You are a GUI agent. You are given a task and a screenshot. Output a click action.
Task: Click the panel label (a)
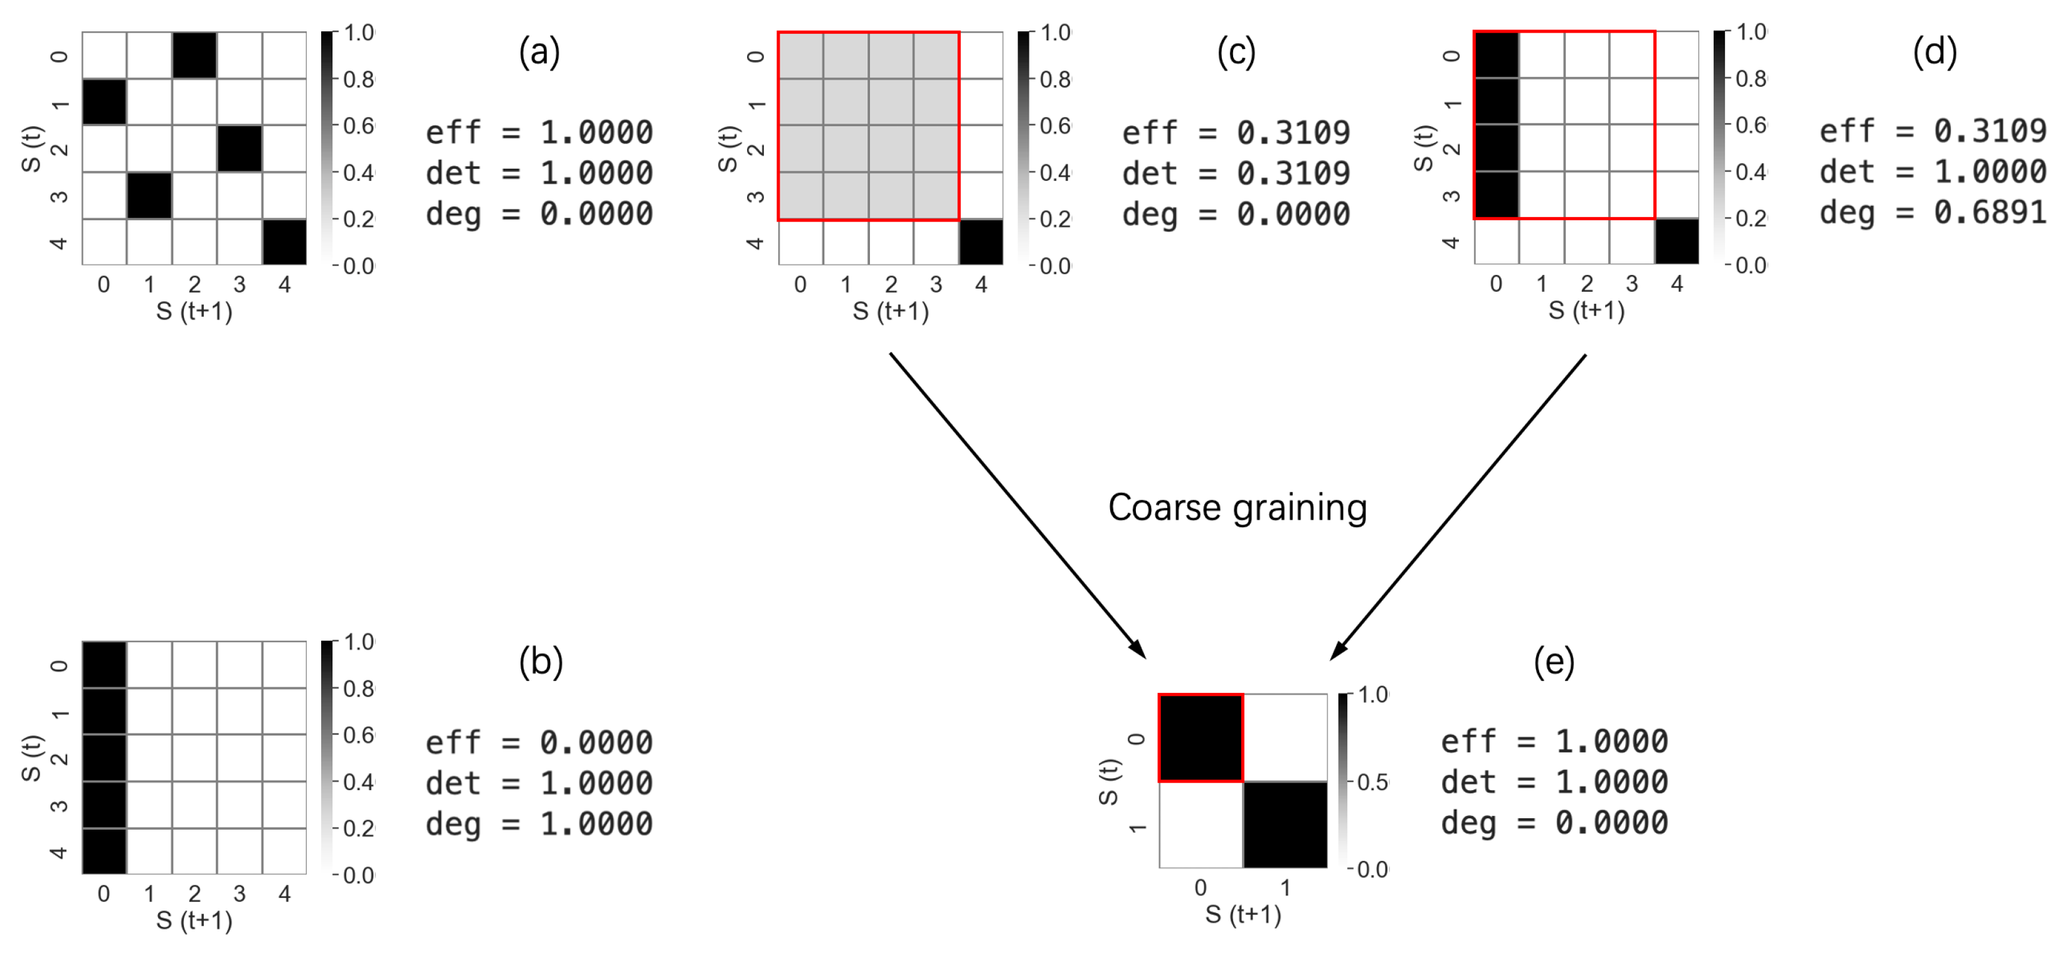(x=539, y=52)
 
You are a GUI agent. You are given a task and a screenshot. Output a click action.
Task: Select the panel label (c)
(x=1236, y=52)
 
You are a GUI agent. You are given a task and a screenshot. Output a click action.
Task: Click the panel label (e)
(x=1554, y=661)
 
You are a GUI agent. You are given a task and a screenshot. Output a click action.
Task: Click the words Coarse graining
(x=1237, y=508)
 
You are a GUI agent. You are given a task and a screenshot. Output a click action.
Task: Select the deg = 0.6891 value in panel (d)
(x=1933, y=213)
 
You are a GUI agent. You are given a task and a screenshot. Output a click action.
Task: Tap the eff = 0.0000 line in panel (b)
(x=539, y=742)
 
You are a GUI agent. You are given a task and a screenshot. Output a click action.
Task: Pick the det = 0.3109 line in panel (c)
(x=1236, y=173)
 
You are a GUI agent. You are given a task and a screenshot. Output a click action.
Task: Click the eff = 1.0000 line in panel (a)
(x=539, y=132)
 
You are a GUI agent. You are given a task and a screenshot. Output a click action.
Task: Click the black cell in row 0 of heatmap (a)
(x=194, y=55)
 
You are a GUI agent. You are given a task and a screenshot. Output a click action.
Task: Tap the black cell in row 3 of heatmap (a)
(x=149, y=196)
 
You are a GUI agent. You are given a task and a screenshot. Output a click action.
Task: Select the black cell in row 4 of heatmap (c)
(x=981, y=242)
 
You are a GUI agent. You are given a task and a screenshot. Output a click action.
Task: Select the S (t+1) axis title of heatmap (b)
(x=194, y=920)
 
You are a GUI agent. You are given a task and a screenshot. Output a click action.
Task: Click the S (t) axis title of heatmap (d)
(x=1423, y=149)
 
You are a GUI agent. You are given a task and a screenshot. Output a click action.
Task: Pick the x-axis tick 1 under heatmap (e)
(x=1285, y=888)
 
